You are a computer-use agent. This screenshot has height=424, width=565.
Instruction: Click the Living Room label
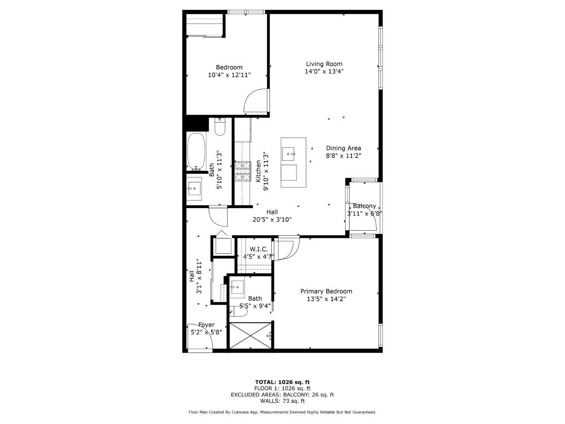[x=324, y=64]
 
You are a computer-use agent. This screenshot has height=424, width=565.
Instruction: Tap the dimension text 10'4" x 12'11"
[x=229, y=75]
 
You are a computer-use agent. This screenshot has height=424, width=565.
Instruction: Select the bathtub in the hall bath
[x=196, y=151]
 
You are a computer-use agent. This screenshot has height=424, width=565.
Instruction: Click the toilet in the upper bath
[x=220, y=127]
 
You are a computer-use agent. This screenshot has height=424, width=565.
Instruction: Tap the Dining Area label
[x=343, y=148]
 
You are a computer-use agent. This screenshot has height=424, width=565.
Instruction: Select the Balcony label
[x=364, y=206]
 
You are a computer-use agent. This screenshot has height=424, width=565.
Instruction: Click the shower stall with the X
[x=250, y=335]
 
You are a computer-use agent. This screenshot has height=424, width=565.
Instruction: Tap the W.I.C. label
[x=259, y=250]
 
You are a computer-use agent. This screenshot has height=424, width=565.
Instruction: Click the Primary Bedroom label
[x=326, y=291]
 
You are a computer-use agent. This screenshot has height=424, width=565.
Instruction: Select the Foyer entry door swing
[x=201, y=337]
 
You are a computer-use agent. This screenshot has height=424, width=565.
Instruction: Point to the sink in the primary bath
[x=237, y=287]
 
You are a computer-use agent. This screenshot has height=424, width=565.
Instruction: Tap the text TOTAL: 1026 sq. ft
[x=282, y=382]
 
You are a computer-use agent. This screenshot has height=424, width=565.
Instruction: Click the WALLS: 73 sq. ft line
[x=282, y=401]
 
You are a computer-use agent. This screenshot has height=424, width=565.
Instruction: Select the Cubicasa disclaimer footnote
[x=282, y=412]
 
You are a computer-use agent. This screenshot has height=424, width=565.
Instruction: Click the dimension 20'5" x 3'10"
[x=272, y=220]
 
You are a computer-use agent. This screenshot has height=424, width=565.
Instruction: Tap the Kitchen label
[x=258, y=171]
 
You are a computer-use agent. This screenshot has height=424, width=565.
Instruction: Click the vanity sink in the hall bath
[x=195, y=188]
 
